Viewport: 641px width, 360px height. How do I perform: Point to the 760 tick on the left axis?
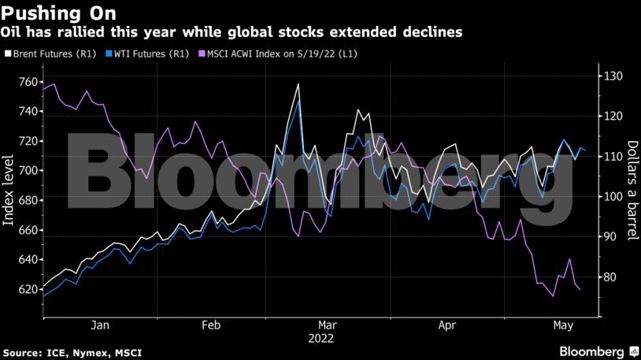28,82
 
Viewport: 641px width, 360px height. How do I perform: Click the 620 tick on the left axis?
28,289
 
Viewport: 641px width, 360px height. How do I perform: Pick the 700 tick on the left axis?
28,170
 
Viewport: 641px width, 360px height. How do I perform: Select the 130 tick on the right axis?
613,76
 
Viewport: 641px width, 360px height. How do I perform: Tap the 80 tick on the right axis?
610,277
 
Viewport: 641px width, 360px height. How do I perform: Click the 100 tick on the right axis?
613,197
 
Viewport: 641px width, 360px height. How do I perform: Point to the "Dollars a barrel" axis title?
632,190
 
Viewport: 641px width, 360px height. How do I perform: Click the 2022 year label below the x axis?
320,339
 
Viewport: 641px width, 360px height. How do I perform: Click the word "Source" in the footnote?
23,353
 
